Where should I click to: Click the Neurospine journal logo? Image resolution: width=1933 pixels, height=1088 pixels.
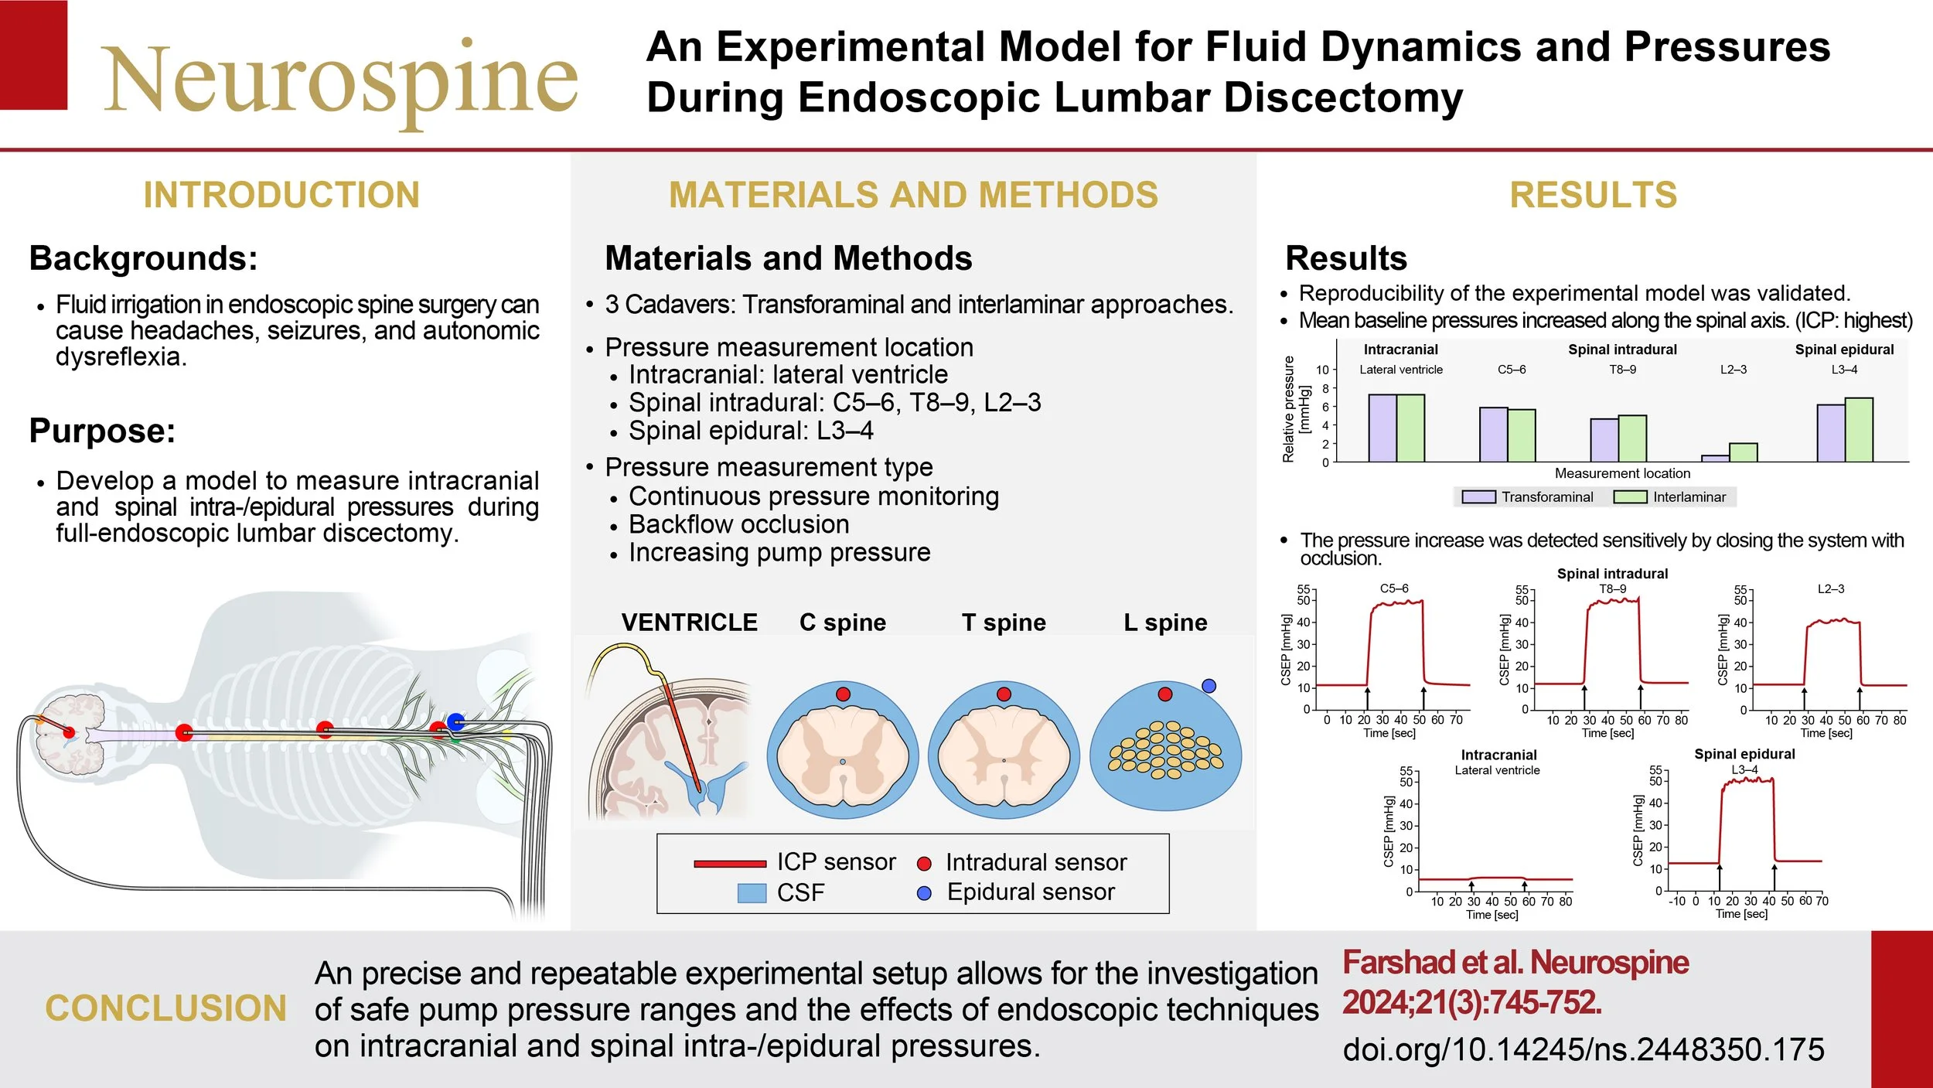340,77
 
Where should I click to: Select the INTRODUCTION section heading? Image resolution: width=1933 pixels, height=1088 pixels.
281,195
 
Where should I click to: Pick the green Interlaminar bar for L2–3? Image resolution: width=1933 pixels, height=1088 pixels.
1743,452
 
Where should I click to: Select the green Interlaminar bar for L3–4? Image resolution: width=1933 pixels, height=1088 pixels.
1859,430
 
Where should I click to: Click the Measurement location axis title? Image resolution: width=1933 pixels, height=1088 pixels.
1622,473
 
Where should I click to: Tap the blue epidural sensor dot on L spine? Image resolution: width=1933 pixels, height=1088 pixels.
1209,686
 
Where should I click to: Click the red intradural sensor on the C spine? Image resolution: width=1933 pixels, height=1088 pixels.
843,694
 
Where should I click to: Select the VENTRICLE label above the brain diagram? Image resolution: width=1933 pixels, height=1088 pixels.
689,622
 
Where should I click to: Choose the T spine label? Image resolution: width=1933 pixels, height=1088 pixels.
1004,622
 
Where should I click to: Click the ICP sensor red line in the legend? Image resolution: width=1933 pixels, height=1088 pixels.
729,864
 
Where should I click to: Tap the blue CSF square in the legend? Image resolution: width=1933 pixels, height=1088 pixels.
752,893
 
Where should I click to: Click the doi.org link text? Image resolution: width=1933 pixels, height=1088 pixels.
1584,1049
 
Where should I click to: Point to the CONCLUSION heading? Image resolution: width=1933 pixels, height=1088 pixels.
166,1008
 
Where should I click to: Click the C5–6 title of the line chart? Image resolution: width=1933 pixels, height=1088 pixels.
1394,588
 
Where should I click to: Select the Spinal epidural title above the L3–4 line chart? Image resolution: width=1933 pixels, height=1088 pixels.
1744,754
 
